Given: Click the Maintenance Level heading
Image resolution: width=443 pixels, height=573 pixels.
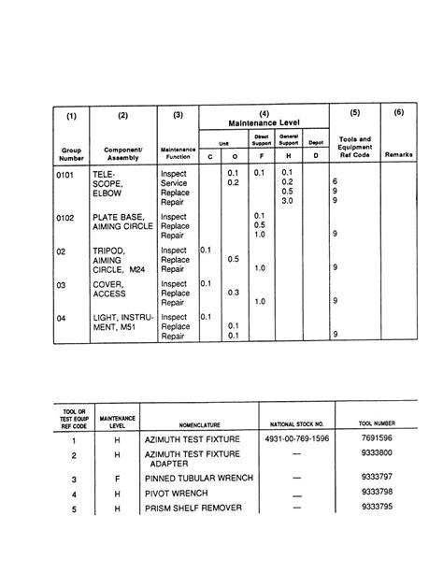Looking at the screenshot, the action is (263, 123).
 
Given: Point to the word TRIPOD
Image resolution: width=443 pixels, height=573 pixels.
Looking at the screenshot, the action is (110, 251).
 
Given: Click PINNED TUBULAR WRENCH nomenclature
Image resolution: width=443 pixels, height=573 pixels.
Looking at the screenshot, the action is (199, 479).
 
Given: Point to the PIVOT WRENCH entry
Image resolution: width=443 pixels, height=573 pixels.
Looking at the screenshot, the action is (177, 494).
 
